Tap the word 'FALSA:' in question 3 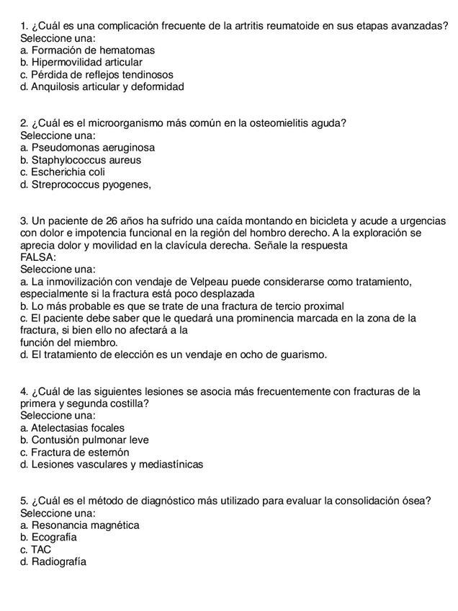pyautogui.click(x=38, y=257)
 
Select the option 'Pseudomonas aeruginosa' pyautogui.click(x=93, y=148)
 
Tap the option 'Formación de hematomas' pyautogui.click(x=93, y=50)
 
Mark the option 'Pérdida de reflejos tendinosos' pyautogui.click(x=102, y=74)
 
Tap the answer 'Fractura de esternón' pyautogui.click(x=80, y=452)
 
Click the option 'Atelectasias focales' pyautogui.click(x=78, y=427)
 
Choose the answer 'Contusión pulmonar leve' pyautogui.click(x=90, y=440)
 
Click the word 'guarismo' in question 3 pyautogui.click(x=305, y=354)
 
